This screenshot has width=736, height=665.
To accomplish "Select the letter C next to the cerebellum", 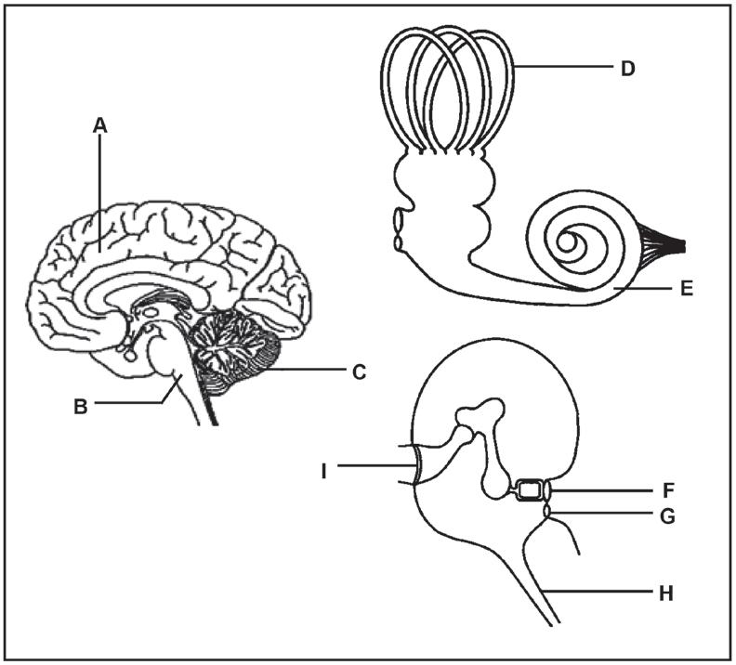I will [360, 373].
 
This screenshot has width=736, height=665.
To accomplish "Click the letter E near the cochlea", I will [685, 289].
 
